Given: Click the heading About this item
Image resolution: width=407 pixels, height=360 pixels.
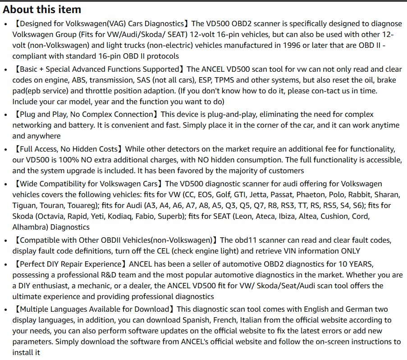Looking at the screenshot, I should coord(42,9).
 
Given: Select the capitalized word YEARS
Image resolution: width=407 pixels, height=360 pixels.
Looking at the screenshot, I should coord(357,264).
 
